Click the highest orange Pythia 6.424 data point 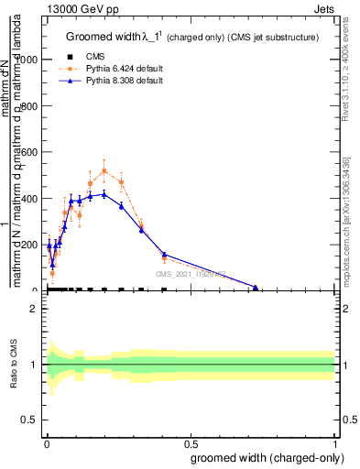point(104,170)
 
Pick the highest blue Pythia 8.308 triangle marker point(104,193)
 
